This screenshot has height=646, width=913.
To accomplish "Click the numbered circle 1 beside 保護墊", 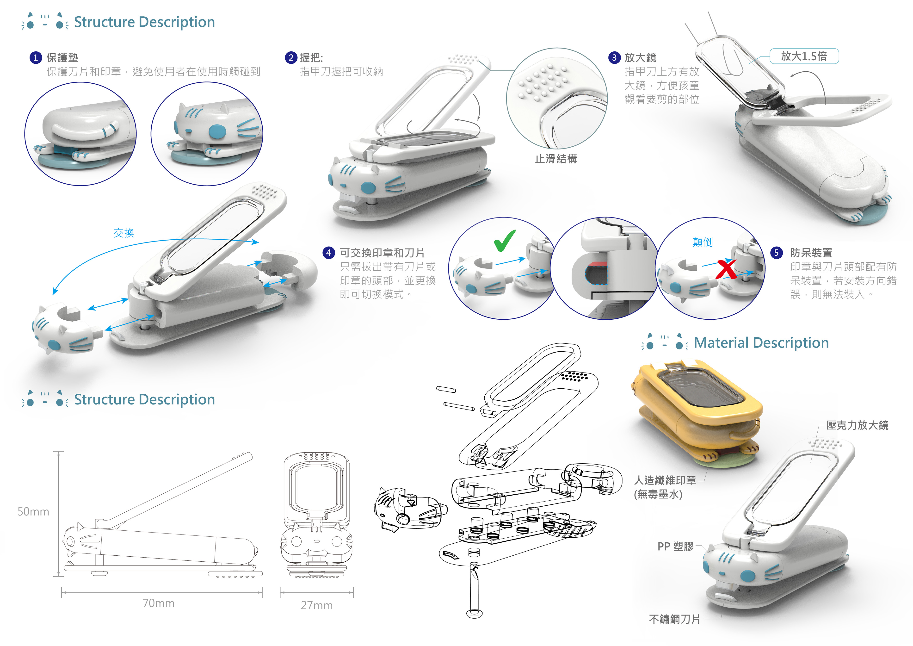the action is pos(35,58).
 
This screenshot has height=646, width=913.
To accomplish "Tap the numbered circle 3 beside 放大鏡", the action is pos(614,58).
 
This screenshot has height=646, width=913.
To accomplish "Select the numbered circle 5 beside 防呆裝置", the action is pos(776,253).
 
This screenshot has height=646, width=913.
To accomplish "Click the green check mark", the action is pos(505,240).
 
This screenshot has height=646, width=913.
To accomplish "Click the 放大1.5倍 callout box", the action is pos(804,56).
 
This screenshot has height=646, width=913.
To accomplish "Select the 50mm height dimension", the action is pos(33,512).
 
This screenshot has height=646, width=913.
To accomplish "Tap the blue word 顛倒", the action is pos(703,242).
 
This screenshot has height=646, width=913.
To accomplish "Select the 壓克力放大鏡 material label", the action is pos(857,425).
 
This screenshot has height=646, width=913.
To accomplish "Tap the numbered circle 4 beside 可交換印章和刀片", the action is pos(328,253).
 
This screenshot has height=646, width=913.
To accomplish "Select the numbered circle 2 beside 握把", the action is pos(291,58).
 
